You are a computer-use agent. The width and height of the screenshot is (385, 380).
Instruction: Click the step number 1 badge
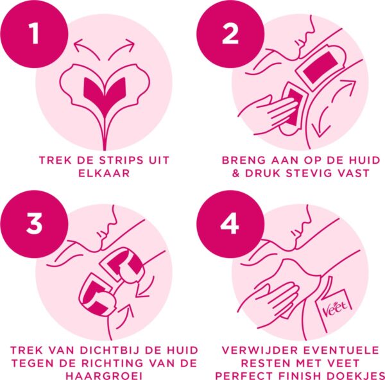coord(34,35)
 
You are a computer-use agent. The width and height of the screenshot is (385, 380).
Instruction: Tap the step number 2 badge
coord(230,35)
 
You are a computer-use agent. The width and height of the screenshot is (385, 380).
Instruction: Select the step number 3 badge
coord(34,224)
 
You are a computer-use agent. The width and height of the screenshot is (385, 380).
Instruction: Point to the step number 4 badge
coord(230,224)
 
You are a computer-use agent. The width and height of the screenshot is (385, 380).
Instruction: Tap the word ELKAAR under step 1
coord(104,173)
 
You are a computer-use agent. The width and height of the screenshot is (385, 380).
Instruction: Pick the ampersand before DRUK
coord(235,173)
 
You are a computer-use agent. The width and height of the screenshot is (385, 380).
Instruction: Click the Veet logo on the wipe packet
coord(336,306)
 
